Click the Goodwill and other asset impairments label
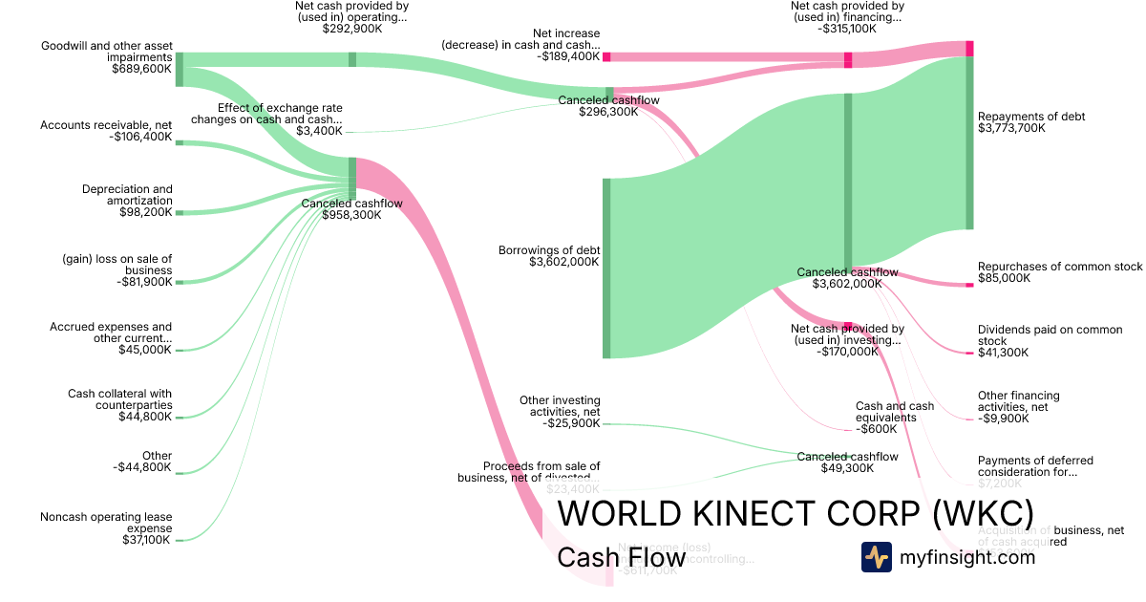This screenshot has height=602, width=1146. click(106, 51)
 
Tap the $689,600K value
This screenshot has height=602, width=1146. click(142, 69)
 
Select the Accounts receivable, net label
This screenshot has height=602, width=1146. click(106, 125)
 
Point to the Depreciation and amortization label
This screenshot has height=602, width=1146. click(127, 195)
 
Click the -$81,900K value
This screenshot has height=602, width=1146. click(144, 282)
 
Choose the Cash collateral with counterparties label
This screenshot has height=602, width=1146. click(120, 398)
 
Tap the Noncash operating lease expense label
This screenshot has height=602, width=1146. click(106, 522)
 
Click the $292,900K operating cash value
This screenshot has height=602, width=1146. click(351, 29)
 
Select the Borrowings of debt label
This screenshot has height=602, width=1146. click(549, 250)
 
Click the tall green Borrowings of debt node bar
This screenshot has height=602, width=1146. click(605, 268)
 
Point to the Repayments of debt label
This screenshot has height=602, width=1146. click(1031, 117)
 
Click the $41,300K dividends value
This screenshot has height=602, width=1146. click(1003, 353)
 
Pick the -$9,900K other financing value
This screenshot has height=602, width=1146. click(1003, 419)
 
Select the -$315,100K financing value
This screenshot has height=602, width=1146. click(847, 29)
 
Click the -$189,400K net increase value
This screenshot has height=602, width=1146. click(571, 56)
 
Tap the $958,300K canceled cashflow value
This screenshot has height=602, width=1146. click(351, 215)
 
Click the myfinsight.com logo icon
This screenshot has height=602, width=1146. click(876, 557)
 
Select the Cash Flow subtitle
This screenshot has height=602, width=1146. click(621, 557)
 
